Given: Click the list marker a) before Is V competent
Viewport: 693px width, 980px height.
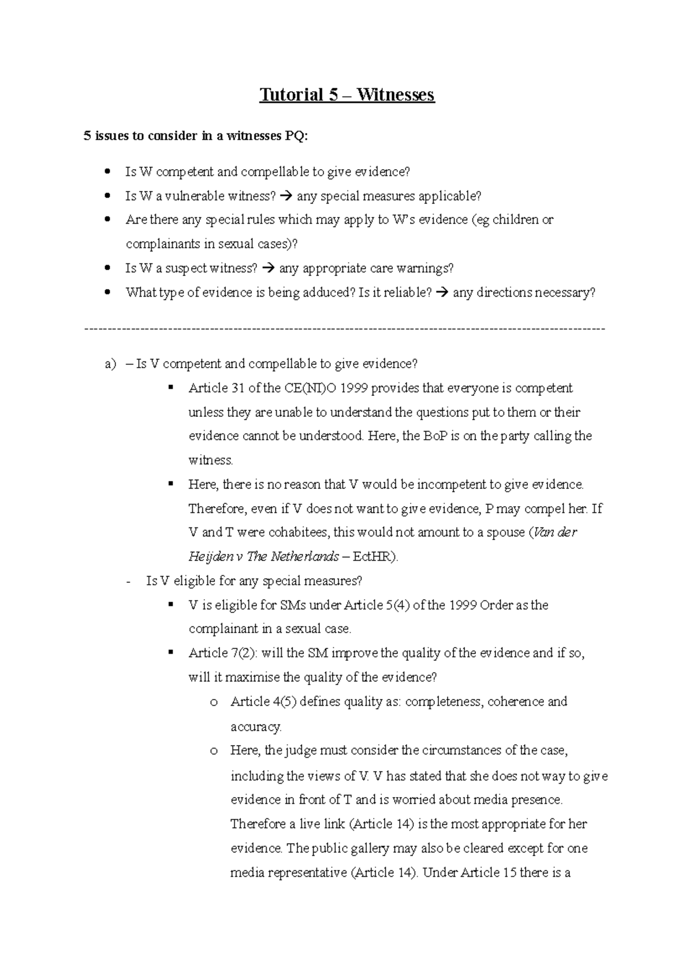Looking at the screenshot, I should tap(110, 364).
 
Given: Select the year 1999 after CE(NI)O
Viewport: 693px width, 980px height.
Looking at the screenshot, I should tap(354, 388).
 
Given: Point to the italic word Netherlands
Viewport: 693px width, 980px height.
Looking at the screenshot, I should tap(310, 557).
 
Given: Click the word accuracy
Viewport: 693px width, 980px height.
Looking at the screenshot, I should tap(256, 726).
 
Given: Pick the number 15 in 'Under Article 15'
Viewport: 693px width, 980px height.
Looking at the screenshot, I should tap(509, 873).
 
